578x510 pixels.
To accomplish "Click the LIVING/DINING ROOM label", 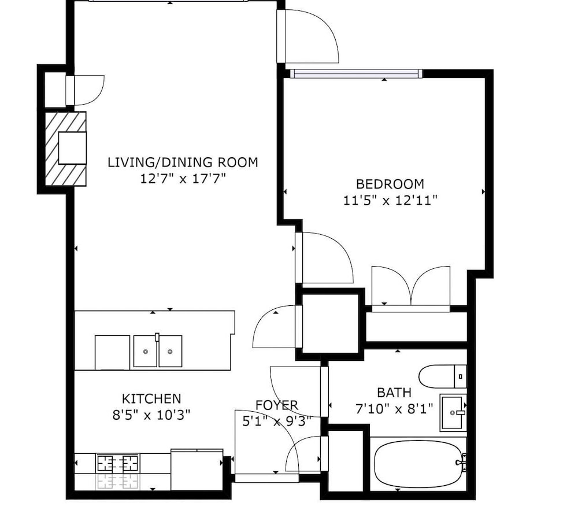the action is point(183,162).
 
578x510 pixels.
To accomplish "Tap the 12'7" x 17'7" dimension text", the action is point(183,179).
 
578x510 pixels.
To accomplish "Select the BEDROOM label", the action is point(390,184).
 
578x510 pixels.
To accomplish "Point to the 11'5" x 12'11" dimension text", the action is point(390,200).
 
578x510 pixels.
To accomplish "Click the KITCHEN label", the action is point(151,398).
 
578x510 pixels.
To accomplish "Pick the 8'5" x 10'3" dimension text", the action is point(151,415).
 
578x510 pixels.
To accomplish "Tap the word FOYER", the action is point(277,405).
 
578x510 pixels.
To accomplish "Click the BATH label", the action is point(394,393).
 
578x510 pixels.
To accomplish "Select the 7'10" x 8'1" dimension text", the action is point(394,409).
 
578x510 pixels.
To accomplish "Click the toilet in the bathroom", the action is point(443,376).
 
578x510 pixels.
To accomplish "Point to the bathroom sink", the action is point(453,413).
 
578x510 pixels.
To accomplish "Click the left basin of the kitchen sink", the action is point(145,351).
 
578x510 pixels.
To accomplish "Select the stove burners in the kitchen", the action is point(117,463).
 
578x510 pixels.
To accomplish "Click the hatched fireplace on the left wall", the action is point(66,149).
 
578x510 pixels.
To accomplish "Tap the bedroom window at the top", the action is point(356,74).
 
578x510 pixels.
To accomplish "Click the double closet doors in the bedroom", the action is point(411,286).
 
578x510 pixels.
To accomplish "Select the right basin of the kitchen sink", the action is point(171,351).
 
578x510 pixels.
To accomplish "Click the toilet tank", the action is point(461,376).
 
